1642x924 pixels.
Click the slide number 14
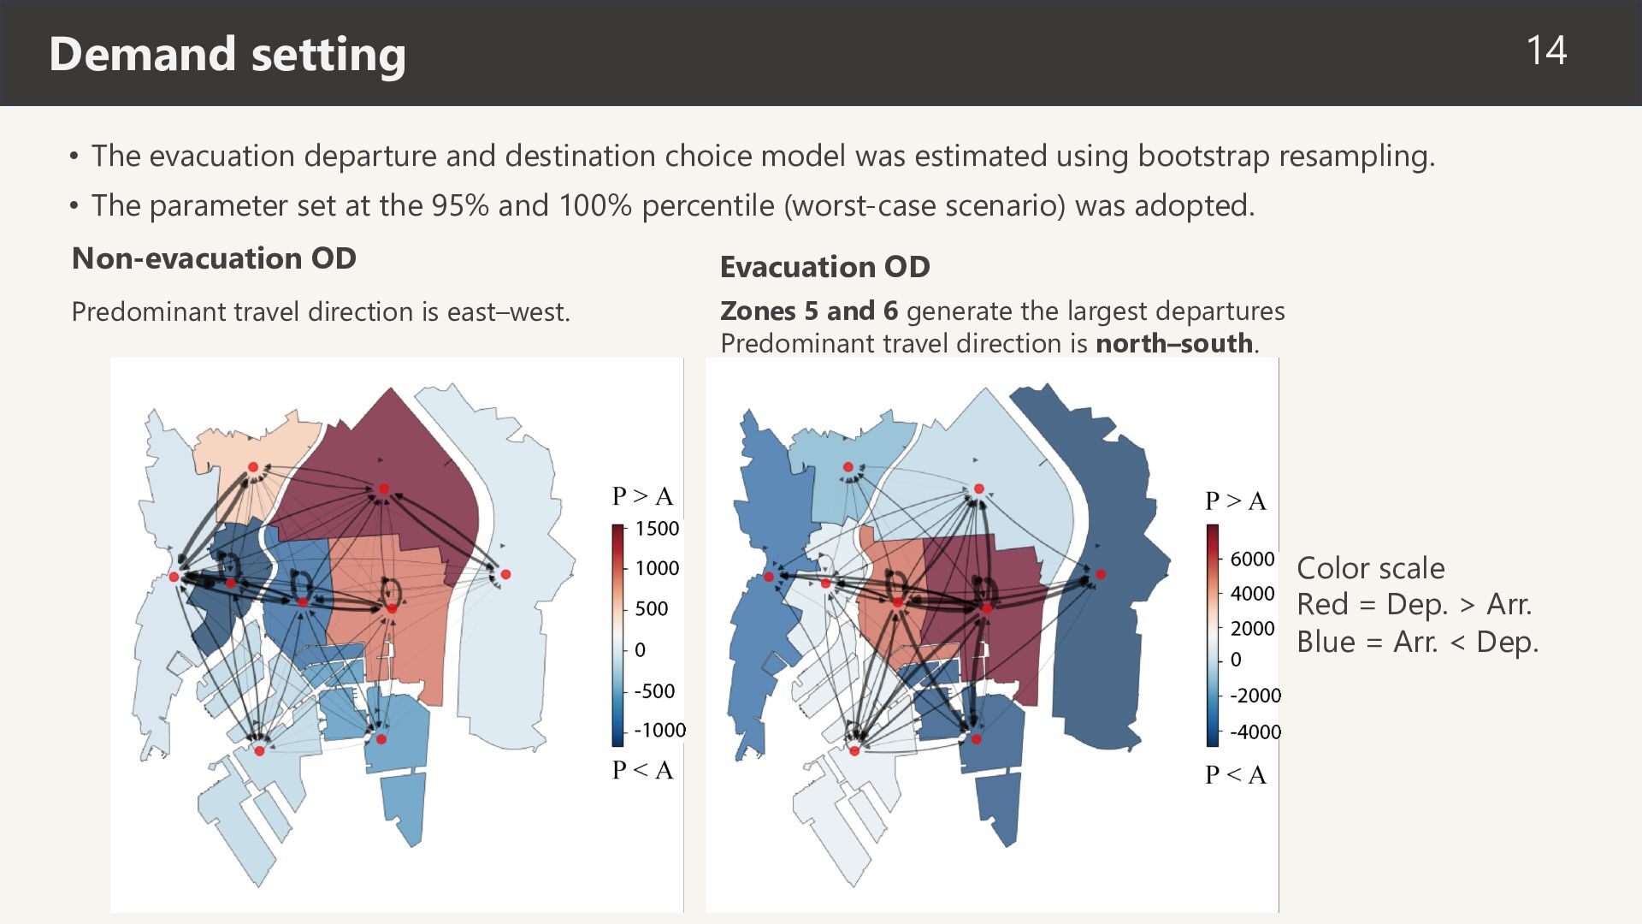1546,50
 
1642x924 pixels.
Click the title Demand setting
227,54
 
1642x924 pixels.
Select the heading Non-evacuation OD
214,258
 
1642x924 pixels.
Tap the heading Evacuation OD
825,267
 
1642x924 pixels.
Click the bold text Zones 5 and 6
809,311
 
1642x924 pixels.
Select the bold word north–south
1174,343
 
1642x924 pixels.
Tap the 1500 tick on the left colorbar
657,529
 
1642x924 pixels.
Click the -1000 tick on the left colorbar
659,730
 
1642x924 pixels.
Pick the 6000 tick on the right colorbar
1252,559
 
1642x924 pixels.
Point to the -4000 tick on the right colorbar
1255,732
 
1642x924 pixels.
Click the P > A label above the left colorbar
642,496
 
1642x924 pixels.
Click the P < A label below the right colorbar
1236,775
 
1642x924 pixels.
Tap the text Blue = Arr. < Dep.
1417,643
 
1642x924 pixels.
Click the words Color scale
1370,568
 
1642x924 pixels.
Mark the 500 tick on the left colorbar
652,609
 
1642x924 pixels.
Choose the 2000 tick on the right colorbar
1252,629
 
